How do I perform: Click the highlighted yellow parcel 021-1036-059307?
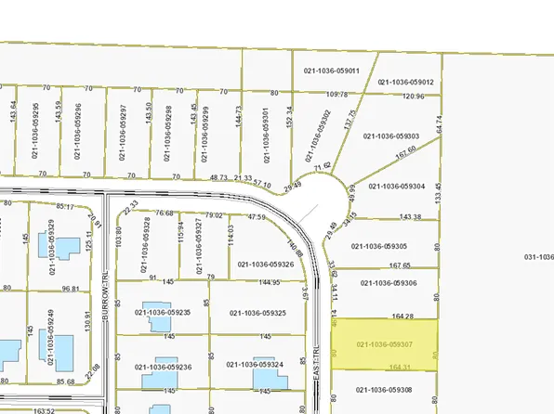tap(385, 343)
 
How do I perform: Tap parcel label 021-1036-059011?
tap(331, 70)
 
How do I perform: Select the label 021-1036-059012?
tap(406, 83)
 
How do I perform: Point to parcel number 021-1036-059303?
tap(405, 136)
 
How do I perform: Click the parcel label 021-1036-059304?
tap(397, 186)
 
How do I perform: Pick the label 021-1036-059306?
tap(389, 283)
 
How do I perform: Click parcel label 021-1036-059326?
tap(266, 264)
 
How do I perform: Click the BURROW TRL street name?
tap(107, 317)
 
